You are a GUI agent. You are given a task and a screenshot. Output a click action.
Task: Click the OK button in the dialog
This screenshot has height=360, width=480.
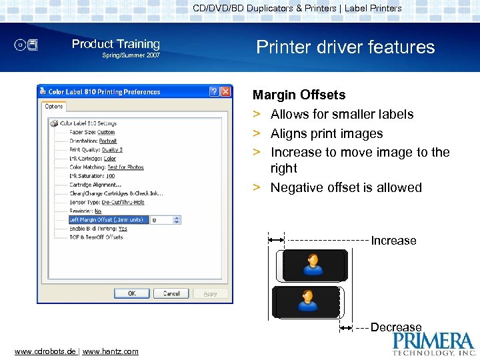tap(131, 293)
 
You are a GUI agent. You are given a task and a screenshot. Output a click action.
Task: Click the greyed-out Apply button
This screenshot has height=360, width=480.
tap(211, 293)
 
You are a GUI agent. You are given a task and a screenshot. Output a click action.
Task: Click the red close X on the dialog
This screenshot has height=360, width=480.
tap(226, 92)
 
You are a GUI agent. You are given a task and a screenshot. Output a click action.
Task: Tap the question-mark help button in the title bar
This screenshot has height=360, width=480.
tap(214, 92)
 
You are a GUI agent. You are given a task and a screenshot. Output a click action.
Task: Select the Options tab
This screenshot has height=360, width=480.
tap(53, 107)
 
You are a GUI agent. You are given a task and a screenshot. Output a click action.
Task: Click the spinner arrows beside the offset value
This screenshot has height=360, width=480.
tap(177, 219)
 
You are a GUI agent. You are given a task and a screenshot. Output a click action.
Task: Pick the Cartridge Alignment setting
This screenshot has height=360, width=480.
tap(95, 185)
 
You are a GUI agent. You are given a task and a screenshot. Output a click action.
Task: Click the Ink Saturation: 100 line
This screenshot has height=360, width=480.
tap(92, 176)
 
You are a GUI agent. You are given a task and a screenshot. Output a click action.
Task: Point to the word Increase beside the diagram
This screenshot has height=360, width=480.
tap(393, 241)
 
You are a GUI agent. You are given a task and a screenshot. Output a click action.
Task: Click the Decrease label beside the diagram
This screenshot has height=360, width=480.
tap(396, 327)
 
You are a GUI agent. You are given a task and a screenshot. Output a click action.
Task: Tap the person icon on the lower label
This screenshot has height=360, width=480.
tap(307, 300)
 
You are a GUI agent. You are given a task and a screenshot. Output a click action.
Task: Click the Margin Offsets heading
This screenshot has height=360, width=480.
tap(299, 95)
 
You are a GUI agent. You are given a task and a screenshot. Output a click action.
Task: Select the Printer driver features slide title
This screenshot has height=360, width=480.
tap(345, 47)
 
